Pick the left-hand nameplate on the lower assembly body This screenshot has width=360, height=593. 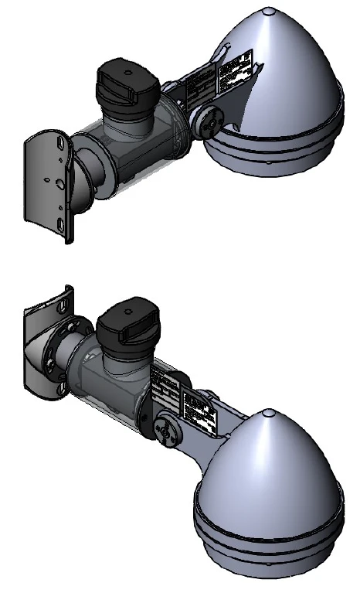click(x=165, y=386)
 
